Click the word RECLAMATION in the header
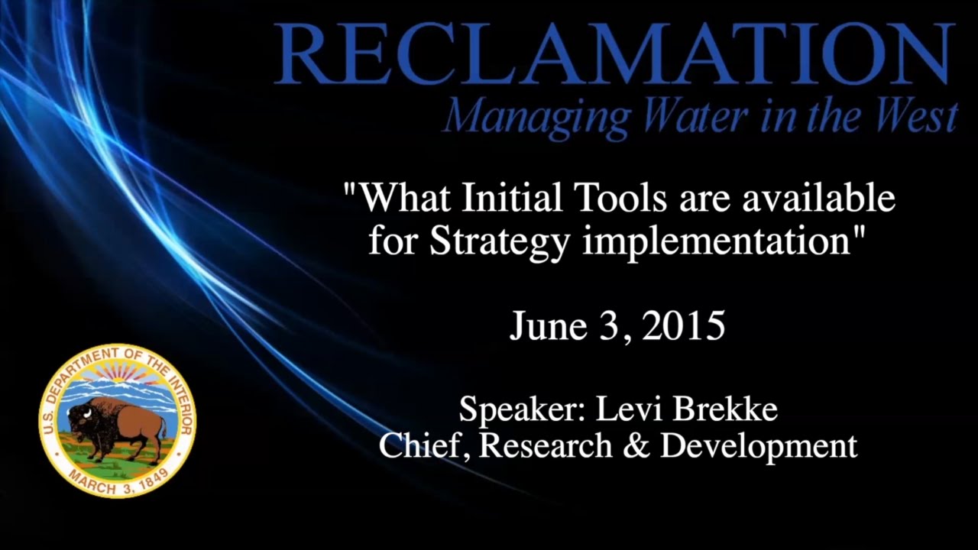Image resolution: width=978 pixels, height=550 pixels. click(614, 54)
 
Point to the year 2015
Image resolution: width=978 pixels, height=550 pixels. click(683, 326)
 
